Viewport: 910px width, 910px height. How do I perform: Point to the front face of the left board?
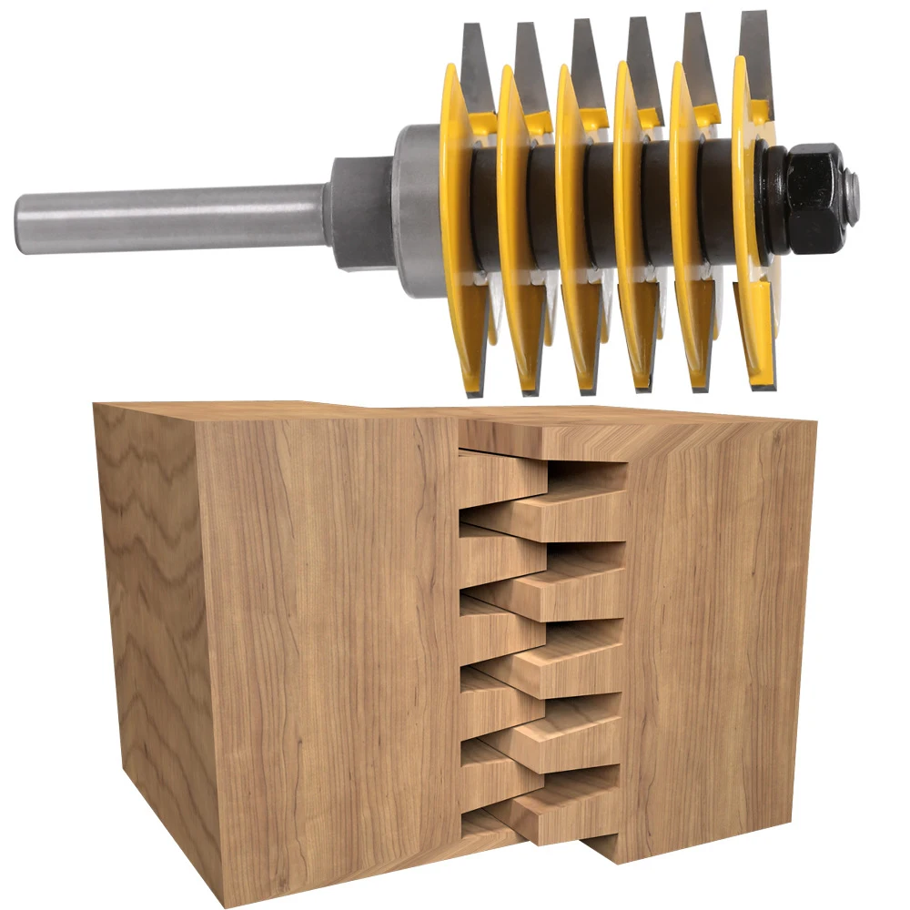328,655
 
